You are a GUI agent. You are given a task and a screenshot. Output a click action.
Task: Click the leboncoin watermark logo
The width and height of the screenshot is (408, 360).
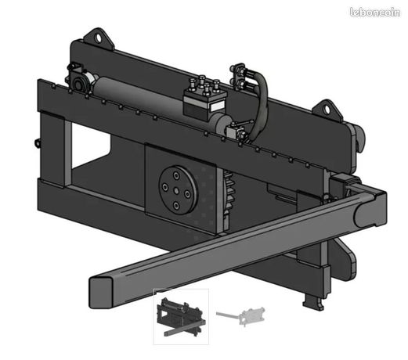[374, 13]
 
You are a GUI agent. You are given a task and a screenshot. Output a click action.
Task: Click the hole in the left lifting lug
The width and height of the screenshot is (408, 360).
[98, 38]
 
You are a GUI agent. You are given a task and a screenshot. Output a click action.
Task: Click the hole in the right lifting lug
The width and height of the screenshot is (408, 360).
[327, 110]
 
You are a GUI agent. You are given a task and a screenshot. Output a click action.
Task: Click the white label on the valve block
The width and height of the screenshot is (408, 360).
[218, 106]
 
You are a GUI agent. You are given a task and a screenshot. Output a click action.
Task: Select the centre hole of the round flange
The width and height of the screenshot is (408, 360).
[176, 191]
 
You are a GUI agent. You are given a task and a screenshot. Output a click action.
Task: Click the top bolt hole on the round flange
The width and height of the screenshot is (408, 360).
[176, 175]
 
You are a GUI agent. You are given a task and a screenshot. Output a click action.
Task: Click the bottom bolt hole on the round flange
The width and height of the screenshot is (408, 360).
[176, 206]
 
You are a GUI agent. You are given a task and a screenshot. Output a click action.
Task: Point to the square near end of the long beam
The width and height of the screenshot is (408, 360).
[101, 293]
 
